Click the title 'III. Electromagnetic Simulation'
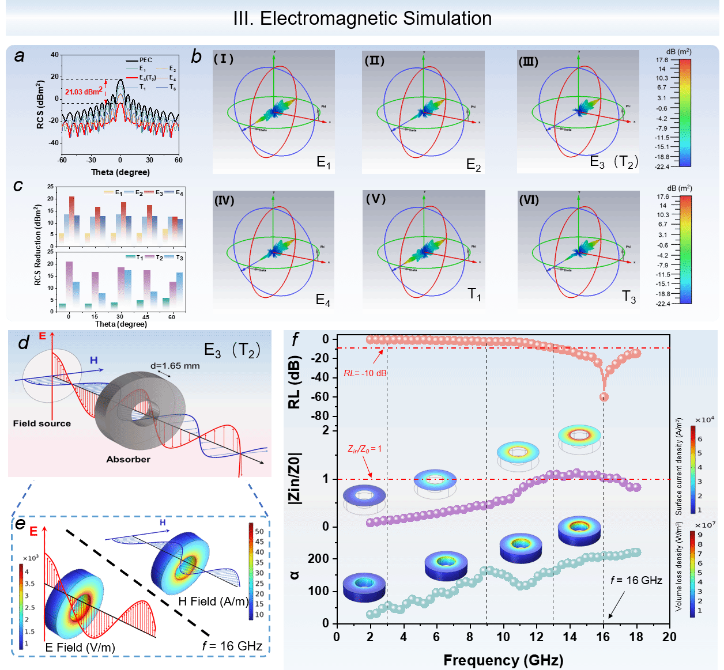(x=362, y=18)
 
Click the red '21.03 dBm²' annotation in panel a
(x=84, y=92)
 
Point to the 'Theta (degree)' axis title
(x=120, y=172)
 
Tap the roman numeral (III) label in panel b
(x=528, y=61)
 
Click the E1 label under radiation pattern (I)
(x=323, y=163)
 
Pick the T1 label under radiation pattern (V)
(x=474, y=295)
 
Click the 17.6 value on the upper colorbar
(x=662, y=60)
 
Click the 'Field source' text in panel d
(x=42, y=423)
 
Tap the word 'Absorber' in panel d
(x=128, y=459)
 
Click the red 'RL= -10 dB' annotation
(x=365, y=373)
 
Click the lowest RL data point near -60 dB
(x=604, y=397)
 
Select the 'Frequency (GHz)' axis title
(x=503, y=660)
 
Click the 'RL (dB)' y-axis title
(x=295, y=383)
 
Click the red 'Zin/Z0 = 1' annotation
(x=364, y=448)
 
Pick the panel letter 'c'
(x=18, y=186)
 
